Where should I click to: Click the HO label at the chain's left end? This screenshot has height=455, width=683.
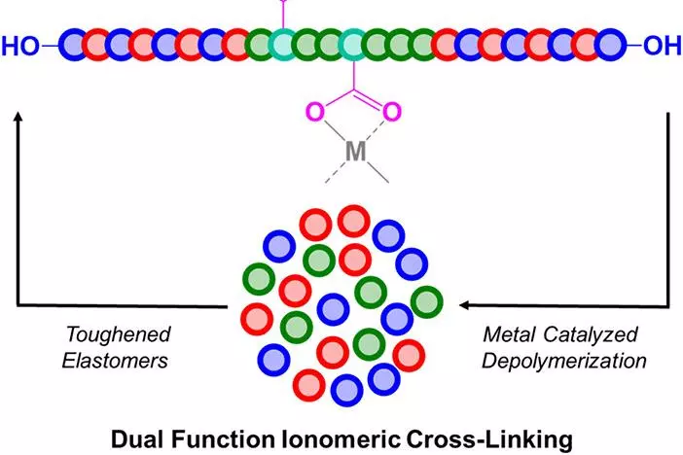pyautogui.click(x=20, y=46)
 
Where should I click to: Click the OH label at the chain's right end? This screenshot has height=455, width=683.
pyautogui.click(x=663, y=46)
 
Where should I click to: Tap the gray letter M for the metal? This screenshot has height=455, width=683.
pyautogui.click(x=355, y=152)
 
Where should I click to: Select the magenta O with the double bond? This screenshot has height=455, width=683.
pyautogui.click(x=391, y=112)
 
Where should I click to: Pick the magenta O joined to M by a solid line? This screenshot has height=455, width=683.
pyautogui.click(x=315, y=112)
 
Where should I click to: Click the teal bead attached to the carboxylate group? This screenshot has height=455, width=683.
pyautogui.click(x=353, y=45)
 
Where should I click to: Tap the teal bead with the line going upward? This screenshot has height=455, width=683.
pyautogui.click(x=283, y=45)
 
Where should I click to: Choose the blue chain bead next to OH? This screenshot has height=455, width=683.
pyautogui.click(x=610, y=45)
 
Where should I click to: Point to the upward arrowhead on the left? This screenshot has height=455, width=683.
pyautogui.click(x=18, y=117)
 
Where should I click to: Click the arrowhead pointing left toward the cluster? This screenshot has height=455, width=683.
pyautogui.click(x=465, y=305)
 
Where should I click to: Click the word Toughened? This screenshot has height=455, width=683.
pyautogui.click(x=118, y=334)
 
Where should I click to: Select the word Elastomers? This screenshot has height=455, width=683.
pyautogui.click(x=115, y=361)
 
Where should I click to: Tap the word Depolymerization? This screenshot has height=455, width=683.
pyautogui.click(x=564, y=362)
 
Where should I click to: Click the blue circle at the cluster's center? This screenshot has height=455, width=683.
pyautogui.click(x=333, y=309)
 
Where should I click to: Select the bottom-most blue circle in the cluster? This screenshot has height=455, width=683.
pyautogui.click(x=346, y=390)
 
